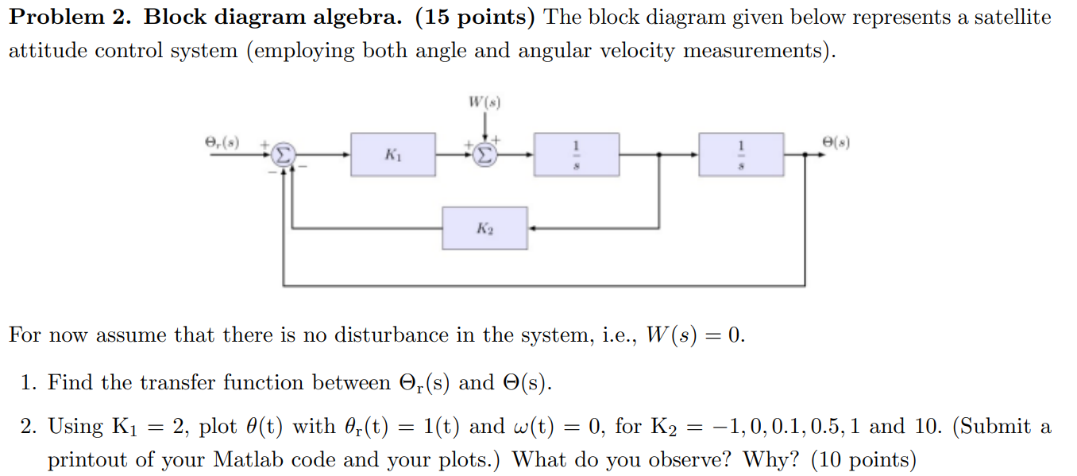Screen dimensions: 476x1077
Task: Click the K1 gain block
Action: [x=393, y=154]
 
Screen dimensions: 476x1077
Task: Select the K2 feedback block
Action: [x=484, y=228]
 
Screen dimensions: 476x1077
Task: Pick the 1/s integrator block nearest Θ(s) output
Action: [x=741, y=154]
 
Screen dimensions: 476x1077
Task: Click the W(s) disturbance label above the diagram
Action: [x=484, y=103]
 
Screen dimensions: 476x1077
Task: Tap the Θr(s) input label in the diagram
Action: [x=221, y=142]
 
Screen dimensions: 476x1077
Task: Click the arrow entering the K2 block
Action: [x=535, y=228]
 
